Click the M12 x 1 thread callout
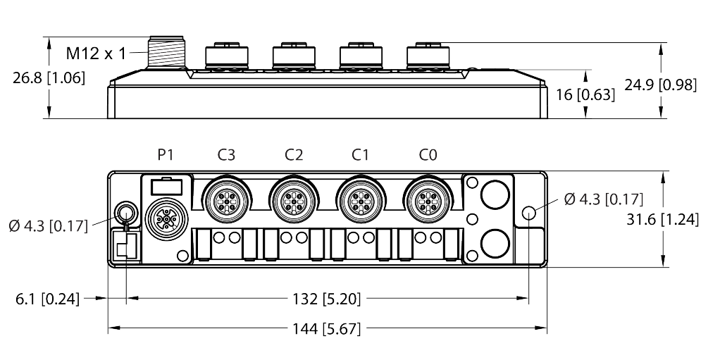tap(96, 54)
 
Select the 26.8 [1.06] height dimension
tap(49, 78)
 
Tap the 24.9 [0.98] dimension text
tap(661, 85)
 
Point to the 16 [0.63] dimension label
tap(585, 94)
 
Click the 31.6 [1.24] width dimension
tap(663, 220)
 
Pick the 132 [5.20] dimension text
tap(327, 299)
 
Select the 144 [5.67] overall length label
tap(327, 329)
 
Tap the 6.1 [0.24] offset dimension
tap(48, 299)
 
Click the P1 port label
tap(166, 155)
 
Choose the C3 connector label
tap(226, 155)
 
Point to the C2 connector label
tap(294, 155)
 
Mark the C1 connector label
tap(361, 155)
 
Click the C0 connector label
tap(428, 155)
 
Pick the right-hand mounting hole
tap(528, 213)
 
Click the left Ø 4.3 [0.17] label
tap(48, 226)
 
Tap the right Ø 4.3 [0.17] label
tap(603, 199)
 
